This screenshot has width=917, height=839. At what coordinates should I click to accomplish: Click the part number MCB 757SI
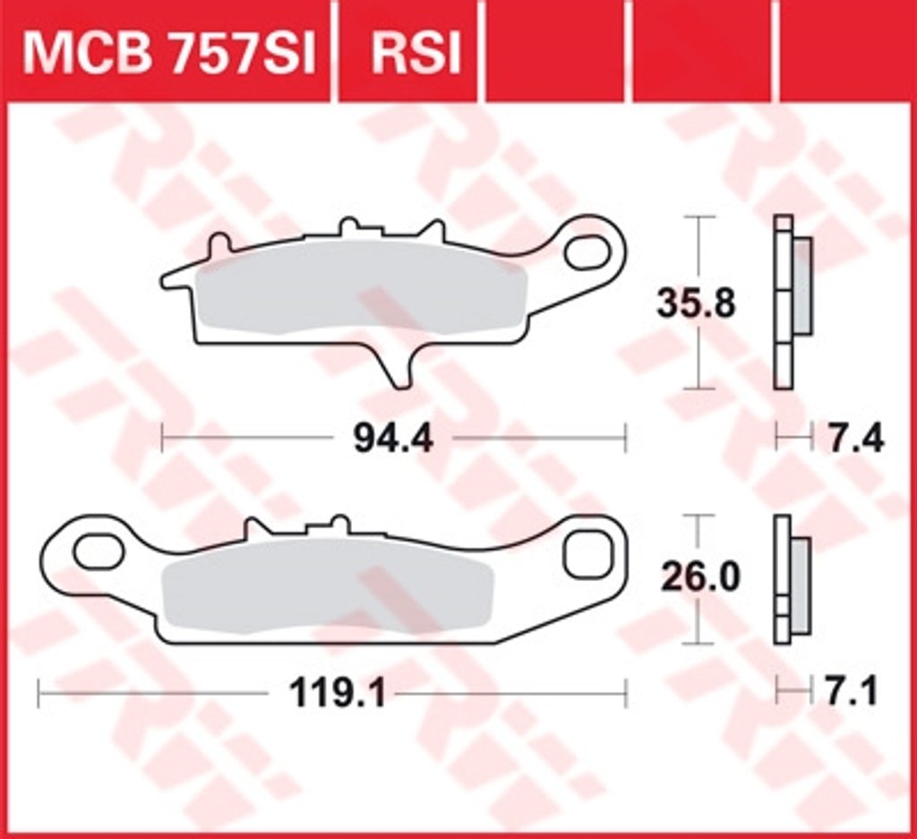[169, 53]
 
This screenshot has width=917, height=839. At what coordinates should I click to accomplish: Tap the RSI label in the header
[416, 53]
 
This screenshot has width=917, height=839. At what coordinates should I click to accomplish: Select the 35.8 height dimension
[695, 304]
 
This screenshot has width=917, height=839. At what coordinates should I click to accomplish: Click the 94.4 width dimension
[393, 439]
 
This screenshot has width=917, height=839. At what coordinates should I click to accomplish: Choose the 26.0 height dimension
[701, 577]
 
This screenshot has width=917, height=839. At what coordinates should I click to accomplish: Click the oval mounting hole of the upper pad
[587, 252]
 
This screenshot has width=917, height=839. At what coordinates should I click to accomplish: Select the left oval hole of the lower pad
[99, 552]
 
